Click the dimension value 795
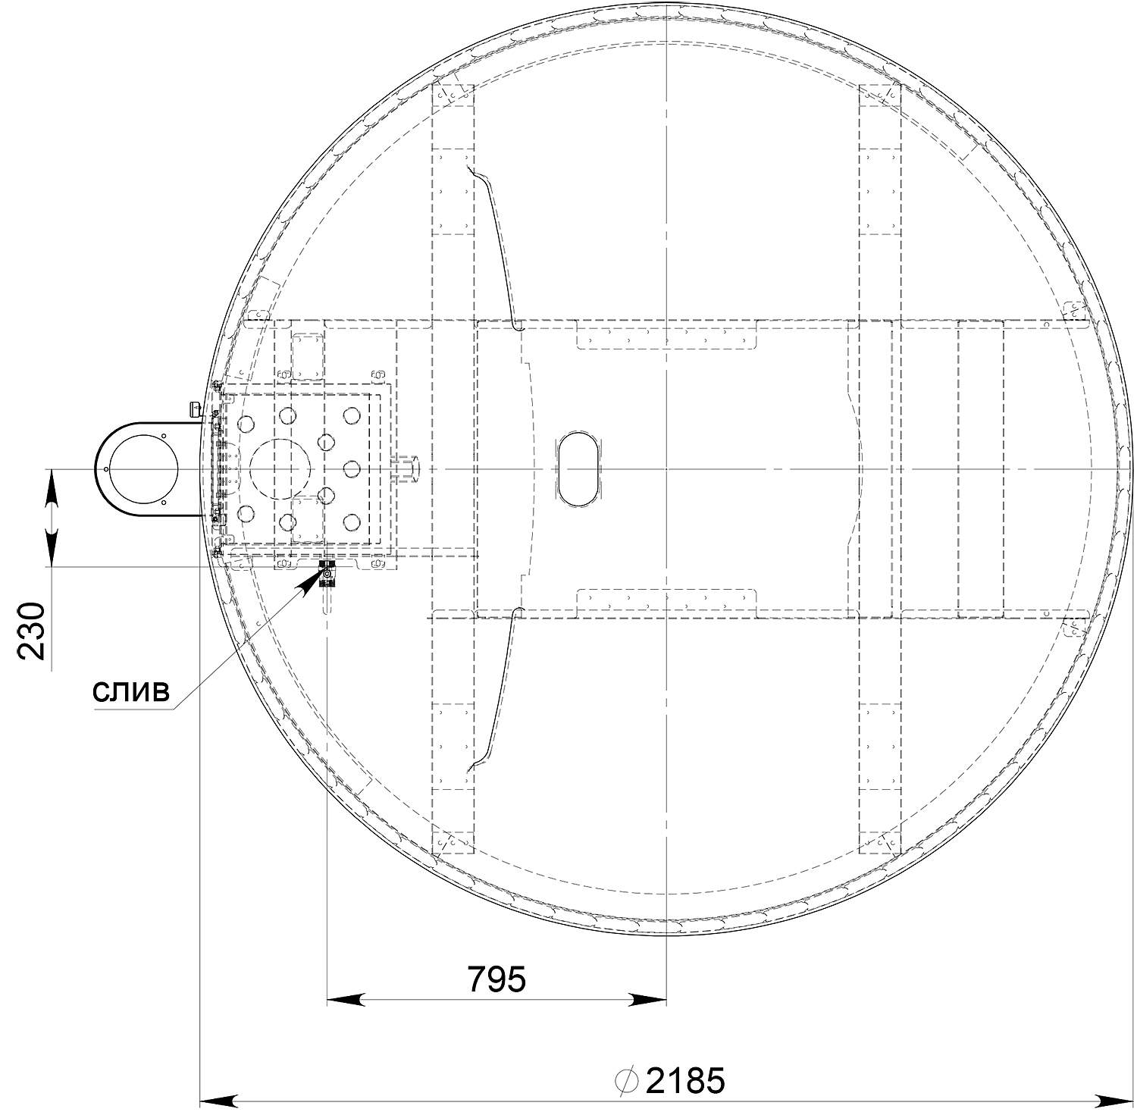[496, 979]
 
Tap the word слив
[130, 691]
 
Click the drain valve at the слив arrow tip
[327, 575]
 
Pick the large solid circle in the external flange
[144, 469]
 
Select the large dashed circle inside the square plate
[280, 469]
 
